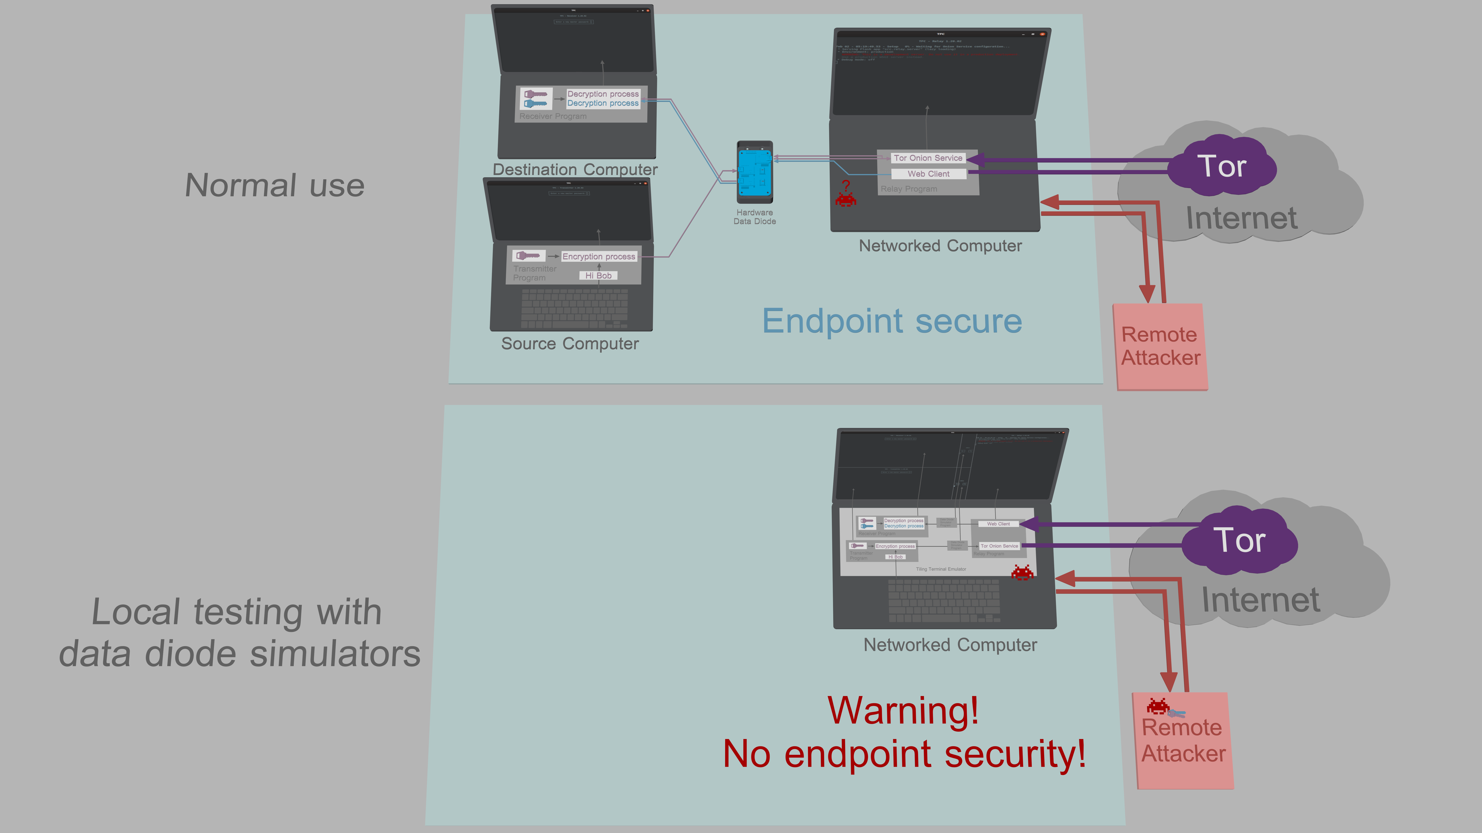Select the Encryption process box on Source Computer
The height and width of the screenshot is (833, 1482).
pyautogui.click(x=599, y=256)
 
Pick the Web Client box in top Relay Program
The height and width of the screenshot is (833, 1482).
pyautogui.click(x=929, y=174)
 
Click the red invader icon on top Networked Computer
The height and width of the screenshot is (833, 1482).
pyautogui.click(x=846, y=200)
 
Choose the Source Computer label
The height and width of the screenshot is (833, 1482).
pyautogui.click(x=570, y=344)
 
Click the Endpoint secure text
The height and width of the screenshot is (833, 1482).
pyautogui.click(x=892, y=321)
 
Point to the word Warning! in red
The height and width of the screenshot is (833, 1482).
pyautogui.click(x=903, y=711)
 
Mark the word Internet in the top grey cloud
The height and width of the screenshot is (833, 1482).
pyautogui.click(x=1242, y=218)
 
